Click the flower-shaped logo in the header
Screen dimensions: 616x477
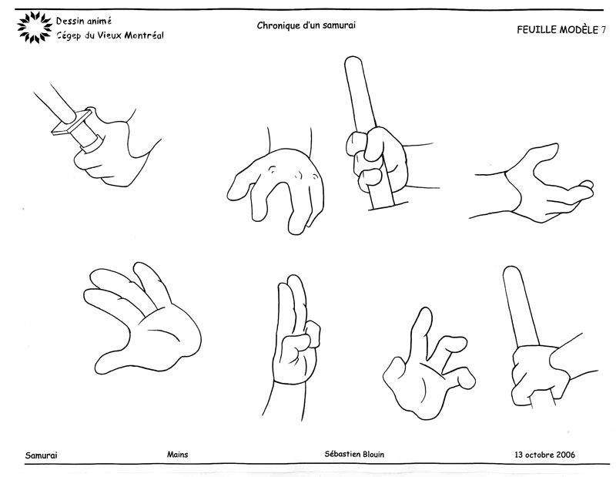[x=35, y=27]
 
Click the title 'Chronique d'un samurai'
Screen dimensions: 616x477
[x=306, y=25]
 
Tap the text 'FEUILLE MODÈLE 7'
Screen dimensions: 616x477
[x=561, y=30]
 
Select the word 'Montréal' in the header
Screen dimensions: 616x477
[x=144, y=35]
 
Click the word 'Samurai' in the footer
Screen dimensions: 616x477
[x=42, y=455]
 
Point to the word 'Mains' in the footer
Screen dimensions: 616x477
[x=178, y=455]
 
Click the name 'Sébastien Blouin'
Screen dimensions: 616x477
[x=354, y=454]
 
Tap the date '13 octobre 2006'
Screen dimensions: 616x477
[x=544, y=455]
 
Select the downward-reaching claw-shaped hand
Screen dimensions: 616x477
[x=277, y=189]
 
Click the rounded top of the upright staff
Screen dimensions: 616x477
[x=353, y=62]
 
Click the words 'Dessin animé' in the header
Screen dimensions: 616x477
[x=84, y=21]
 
